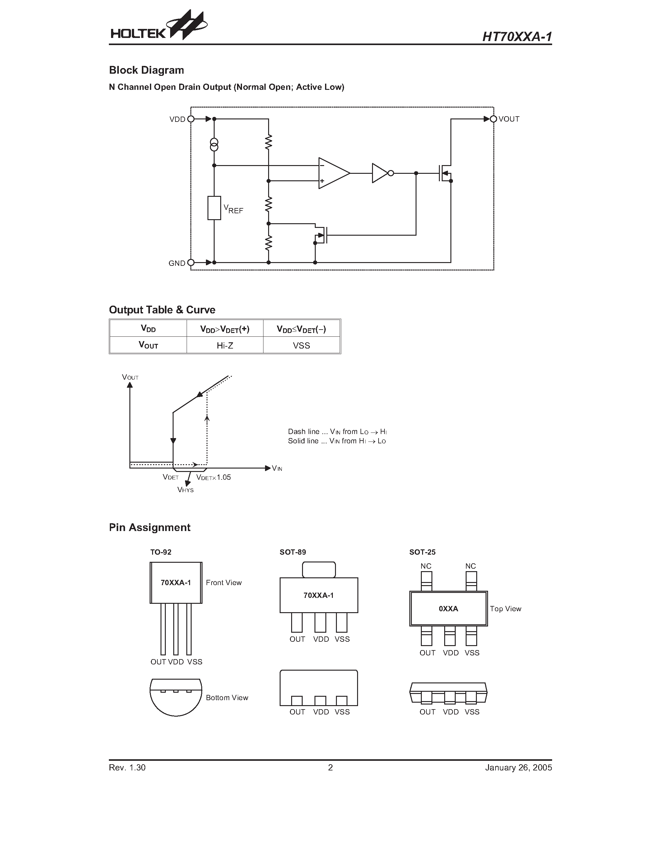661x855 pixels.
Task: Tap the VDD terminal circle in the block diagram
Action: pos(191,119)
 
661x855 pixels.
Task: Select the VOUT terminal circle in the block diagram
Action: pos(493,119)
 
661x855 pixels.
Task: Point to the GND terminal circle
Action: pos(191,263)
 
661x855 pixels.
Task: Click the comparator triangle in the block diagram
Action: pos(333,173)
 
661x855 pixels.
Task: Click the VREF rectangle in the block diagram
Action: pos(214,208)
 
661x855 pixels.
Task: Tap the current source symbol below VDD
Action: pos(214,145)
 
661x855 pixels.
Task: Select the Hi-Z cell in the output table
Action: pos(225,345)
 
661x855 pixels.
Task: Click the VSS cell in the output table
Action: pos(301,345)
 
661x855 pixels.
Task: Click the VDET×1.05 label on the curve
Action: pos(213,477)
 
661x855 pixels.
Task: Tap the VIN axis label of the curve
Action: pos(277,468)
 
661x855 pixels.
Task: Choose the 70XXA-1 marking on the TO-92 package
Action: pos(176,583)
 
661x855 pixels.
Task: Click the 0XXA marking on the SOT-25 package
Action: pos(448,609)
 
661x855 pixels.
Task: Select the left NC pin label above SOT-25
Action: pos(426,566)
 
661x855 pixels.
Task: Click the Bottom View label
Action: pos(227,698)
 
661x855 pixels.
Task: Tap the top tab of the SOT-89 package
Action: pos(319,570)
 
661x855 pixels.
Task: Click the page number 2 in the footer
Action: pos(330,767)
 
